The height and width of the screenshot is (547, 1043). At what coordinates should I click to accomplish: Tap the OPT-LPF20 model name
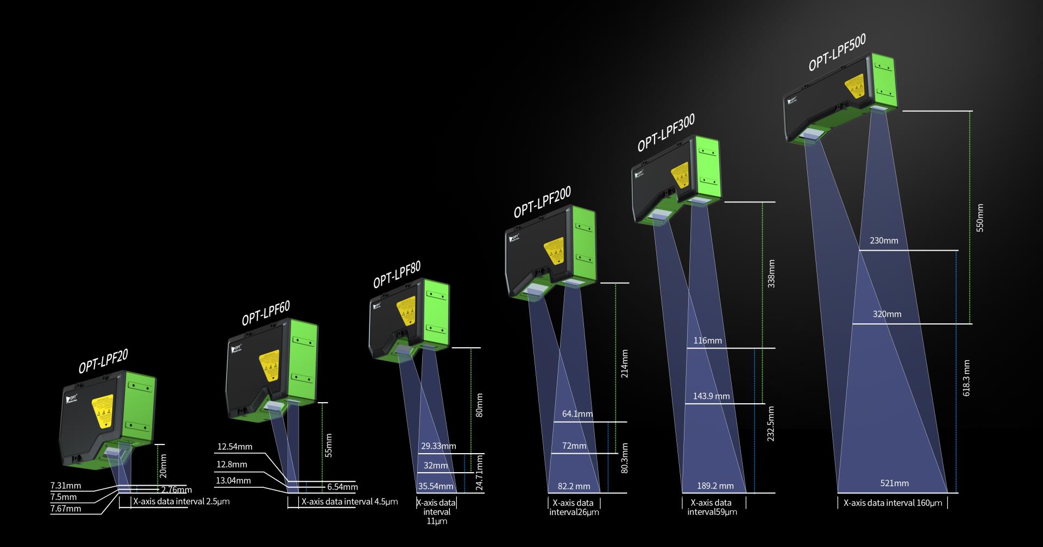click(x=103, y=361)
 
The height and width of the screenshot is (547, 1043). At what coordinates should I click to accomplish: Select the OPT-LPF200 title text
click(x=542, y=202)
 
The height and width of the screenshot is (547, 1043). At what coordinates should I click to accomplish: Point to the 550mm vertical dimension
click(x=980, y=218)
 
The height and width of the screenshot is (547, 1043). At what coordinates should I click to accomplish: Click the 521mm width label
click(x=894, y=483)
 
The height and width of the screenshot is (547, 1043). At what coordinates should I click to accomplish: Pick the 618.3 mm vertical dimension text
click(x=966, y=378)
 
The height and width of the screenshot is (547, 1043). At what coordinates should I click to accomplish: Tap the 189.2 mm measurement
click(x=715, y=486)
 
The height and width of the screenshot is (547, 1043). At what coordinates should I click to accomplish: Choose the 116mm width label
click(x=707, y=341)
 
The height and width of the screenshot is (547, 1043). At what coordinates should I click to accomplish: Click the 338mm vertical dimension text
click(x=771, y=273)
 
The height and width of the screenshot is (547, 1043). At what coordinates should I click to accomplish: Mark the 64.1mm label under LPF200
click(x=577, y=414)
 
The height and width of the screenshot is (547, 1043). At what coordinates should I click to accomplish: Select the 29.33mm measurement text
click(x=438, y=446)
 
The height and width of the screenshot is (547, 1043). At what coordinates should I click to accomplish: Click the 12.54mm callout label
click(x=235, y=447)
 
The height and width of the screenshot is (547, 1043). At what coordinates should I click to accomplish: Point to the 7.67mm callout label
click(x=66, y=508)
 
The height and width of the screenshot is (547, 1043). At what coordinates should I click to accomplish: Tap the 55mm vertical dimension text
click(x=329, y=445)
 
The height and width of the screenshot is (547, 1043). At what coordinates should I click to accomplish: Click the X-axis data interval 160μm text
click(x=893, y=503)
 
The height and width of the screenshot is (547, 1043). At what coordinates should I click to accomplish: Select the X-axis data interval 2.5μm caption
click(x=181, y=501)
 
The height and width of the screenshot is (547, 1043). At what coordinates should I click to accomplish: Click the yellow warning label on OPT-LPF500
click(x=856, y=87)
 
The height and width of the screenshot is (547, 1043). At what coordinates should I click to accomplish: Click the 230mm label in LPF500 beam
click(x=884, y=240)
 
